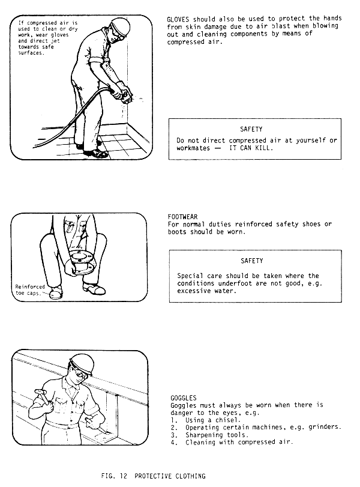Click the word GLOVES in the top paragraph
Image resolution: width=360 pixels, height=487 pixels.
click(178, 19)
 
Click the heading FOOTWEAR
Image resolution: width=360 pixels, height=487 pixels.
click(182, 217)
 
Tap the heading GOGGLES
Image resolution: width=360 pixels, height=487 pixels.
click(184, 398)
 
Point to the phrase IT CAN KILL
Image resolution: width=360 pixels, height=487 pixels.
click(251, 148)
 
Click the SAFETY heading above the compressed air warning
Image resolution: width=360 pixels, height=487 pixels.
click(251, 129)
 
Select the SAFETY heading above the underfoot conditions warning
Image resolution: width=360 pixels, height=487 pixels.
click(251, 261)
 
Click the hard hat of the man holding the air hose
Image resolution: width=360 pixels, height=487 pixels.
click(119, 25)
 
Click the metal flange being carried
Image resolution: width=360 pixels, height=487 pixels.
click(82, 263)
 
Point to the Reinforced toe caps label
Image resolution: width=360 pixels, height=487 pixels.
click(29, 290)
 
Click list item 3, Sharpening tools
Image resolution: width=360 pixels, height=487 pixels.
click(209, 435)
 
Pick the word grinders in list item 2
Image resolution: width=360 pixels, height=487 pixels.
click(325, 428)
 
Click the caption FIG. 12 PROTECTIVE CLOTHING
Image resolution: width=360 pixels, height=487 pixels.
click(154, 476)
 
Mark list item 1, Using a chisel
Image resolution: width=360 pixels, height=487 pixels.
click(206, 420)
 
